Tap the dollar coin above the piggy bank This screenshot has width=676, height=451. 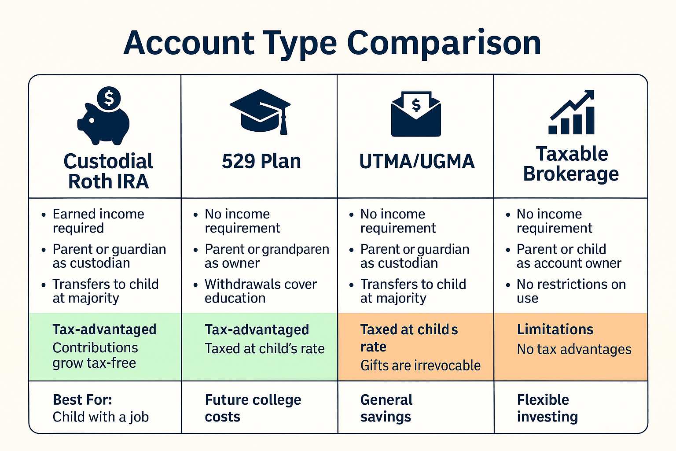click(x=109, y=98)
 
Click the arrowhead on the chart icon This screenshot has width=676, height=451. click(x=588, y=95)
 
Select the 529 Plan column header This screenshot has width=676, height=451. click(x=261, y=161)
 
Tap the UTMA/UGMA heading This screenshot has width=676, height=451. click(x=417, y=161)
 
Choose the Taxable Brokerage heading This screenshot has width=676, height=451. click(x=571, y=164)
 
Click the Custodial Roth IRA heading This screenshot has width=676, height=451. click(x=108, y=171)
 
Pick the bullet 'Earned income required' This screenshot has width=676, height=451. click(x=98, y=221)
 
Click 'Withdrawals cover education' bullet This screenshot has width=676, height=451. click(x=260, y=291)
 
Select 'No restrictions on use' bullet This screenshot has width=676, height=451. click(x=571, y=291)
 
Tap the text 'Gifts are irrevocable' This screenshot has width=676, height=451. click(x=420, y=366)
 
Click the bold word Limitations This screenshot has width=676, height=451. click(x=555, y=329)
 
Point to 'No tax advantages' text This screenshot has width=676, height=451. click(x=574, y=349)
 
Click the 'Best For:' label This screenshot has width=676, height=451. click(x=82, y=400)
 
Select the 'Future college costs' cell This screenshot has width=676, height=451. click(x=253, y=408)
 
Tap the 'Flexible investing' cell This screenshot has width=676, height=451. click(x=547, y=408)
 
